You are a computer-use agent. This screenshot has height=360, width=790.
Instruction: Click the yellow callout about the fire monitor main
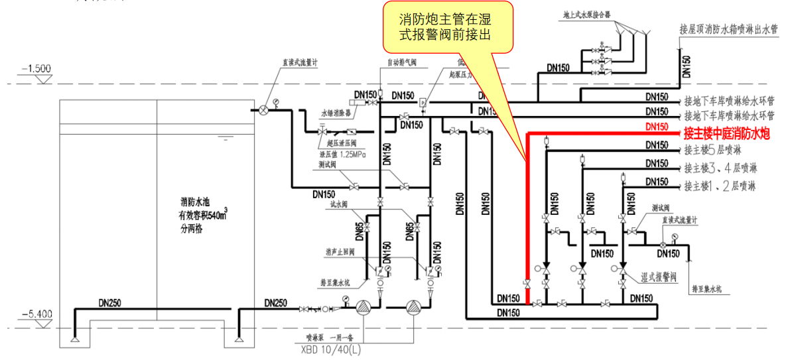point(448,27)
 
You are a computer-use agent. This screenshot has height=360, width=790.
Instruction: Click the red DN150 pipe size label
point(657,127)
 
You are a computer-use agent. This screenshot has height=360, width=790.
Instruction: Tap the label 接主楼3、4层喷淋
point(720,167)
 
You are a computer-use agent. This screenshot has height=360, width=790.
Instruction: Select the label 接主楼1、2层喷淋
point(720,186)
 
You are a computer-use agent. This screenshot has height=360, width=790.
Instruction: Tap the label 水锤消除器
point(336,113)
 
